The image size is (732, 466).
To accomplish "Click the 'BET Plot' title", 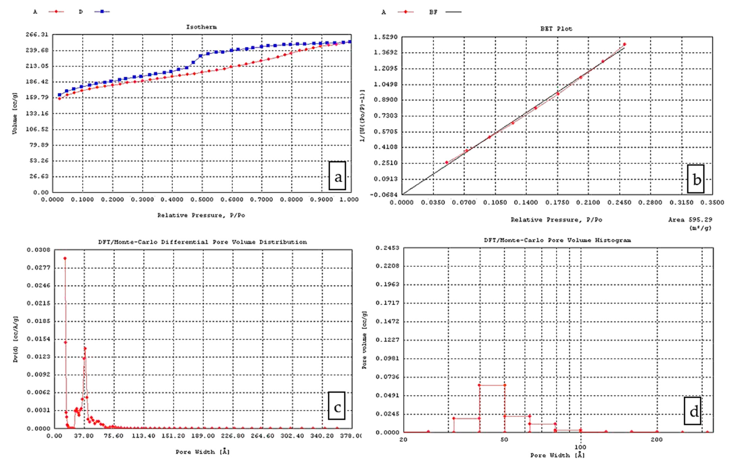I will click(556, 29).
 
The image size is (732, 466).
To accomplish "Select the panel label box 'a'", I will click(337, 176).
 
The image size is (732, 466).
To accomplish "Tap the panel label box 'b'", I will click(696, 179).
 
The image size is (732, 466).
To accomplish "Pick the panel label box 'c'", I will click(337, 406).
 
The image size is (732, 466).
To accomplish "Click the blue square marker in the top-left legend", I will click(102, 12).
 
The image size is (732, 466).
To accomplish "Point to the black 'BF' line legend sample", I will click(453, 12).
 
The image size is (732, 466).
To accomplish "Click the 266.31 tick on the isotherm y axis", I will click(37, 35).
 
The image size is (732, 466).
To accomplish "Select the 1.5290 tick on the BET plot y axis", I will click(385, 37).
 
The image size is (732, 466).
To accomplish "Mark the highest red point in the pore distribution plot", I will click(65, 258).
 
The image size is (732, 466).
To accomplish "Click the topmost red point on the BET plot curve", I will click(624, 44).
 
